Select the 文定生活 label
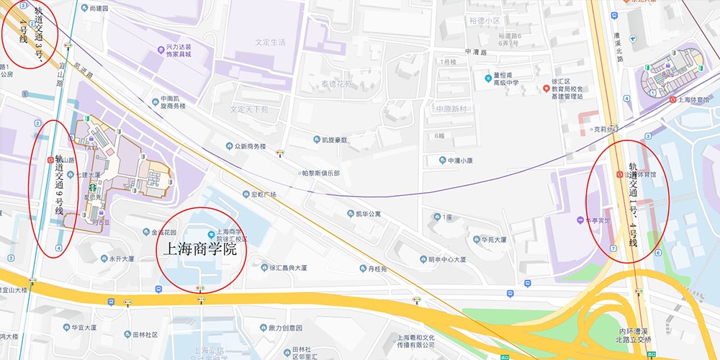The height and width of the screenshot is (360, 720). coord(270,42)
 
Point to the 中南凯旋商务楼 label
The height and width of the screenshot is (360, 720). coord(173,102)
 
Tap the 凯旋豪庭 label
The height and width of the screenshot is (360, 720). coord(335,139)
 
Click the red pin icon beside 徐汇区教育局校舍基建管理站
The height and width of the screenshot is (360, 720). coord(546,88)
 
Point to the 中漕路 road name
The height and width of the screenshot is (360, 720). coord(476,52)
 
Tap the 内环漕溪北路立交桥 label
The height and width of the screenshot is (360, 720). coord(634,335)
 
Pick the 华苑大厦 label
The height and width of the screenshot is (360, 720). coord(494,239)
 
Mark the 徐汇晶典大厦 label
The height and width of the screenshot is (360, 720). coord(288,268)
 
